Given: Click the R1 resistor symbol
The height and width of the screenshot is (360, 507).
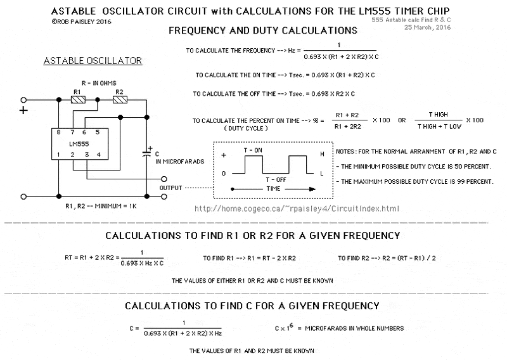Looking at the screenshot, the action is coord(78,100).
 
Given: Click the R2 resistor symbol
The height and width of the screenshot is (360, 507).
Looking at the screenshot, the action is coord(120,100).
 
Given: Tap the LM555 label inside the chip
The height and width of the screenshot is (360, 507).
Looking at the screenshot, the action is coord(79,144).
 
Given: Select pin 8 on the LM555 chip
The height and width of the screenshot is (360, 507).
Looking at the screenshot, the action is coord(58,132).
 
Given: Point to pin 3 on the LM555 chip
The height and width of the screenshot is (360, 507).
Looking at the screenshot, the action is coord(87,155).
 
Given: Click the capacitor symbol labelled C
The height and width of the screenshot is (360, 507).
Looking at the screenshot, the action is coord(146,153).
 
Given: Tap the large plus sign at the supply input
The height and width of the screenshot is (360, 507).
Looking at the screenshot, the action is coord(23,110).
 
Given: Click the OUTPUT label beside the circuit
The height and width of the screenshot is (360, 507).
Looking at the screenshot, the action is coord(170,188).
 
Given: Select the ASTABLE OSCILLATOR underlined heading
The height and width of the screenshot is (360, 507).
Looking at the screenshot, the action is coord(93,61).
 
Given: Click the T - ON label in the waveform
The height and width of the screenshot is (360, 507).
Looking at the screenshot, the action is coord(253,150).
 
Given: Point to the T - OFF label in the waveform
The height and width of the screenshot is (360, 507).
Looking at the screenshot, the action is coord(276,180).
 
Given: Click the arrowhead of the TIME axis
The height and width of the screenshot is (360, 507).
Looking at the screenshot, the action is coord(312,190).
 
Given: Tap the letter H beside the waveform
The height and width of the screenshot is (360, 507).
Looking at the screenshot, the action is coord(322,154).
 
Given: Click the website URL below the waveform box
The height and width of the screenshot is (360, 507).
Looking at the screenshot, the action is coord(297,209).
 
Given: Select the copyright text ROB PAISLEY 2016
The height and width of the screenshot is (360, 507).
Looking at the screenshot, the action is coord(81,22).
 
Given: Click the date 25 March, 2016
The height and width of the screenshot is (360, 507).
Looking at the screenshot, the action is coord(427,27).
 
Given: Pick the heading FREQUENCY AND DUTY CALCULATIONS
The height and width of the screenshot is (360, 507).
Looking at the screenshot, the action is coord(263,30).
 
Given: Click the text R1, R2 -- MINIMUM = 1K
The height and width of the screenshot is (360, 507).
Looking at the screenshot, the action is coord(101,206).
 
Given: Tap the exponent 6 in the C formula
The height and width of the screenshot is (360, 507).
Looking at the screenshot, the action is coord(291,325).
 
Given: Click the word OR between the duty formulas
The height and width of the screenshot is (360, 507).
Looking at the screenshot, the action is coord(402,120).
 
